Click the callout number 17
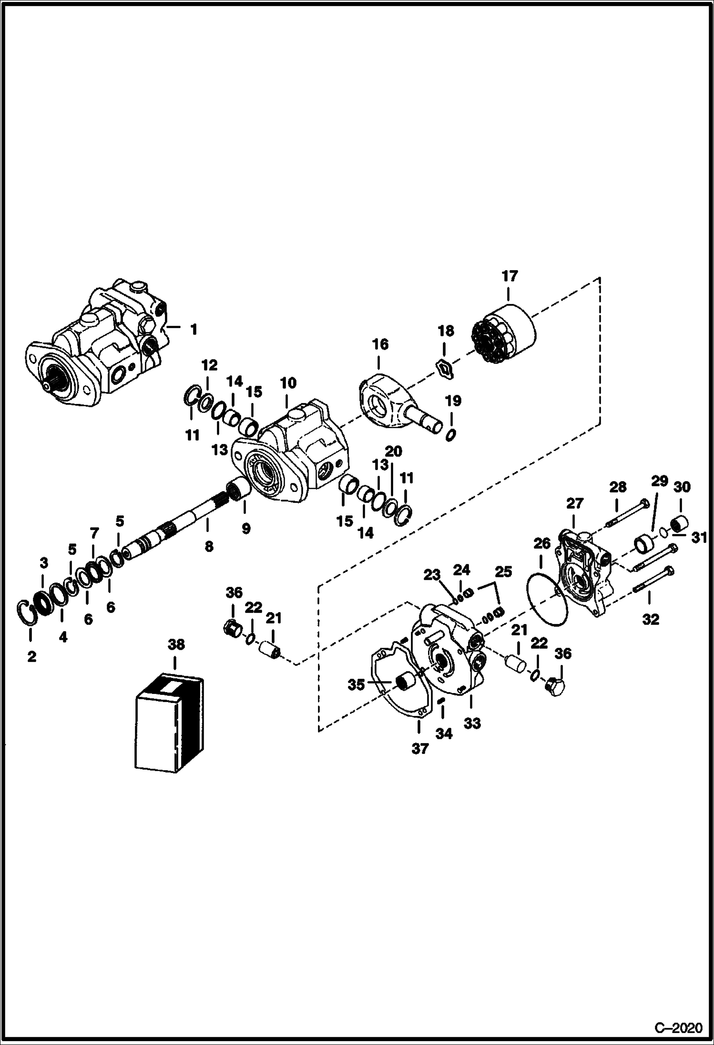[x=509, y=276]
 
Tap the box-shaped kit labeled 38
[x=170, y=723]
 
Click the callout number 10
[x=288, y=383]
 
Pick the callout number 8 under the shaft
[x=208, y=546]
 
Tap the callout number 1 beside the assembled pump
[x=193, y=329]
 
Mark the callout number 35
[x=356, y=685]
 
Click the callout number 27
[x=574, y=503]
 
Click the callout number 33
[x=472, y=723]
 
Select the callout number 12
[x=209, y=366]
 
